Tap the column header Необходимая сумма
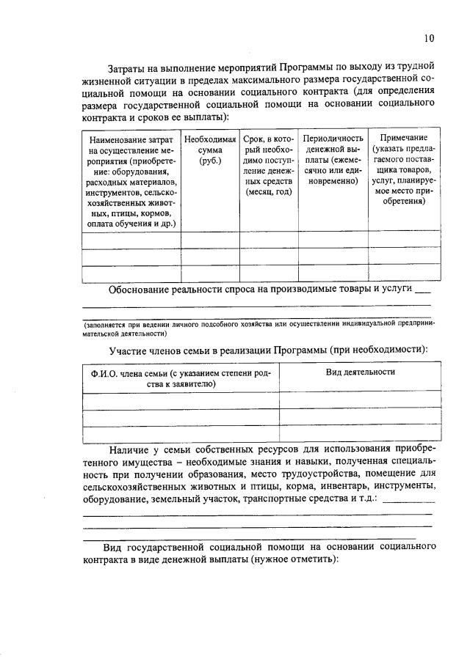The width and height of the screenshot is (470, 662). click(210, 144)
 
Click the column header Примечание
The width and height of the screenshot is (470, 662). click(398, 138)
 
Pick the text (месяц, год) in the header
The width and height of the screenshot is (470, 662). click(269, 192)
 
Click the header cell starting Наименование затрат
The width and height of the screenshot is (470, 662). click(130, 139)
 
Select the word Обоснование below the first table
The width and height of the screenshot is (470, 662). click(139, 289)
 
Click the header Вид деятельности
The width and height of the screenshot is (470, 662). click(361, 372)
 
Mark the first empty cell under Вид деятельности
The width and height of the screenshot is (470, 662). click(361, 400)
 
